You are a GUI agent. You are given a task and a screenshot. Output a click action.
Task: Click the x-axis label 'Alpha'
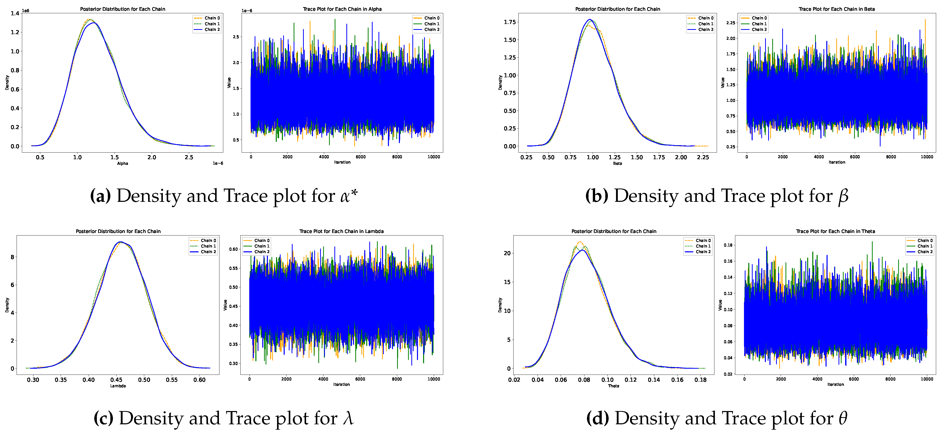pos(123,163)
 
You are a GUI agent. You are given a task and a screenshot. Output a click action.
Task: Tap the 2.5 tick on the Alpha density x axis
pos(189,157)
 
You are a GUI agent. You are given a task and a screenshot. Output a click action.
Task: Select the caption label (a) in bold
pos(100,196)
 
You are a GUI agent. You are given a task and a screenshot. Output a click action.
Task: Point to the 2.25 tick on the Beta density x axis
pos(703,157)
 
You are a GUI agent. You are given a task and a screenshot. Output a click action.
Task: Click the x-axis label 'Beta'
pos(617,163)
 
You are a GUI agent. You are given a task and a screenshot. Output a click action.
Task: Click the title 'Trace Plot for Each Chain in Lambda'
pos(341,231)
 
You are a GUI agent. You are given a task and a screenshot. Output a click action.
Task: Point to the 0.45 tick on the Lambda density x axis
pos(116,380)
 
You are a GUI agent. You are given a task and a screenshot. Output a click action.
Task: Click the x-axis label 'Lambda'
pos(118,386)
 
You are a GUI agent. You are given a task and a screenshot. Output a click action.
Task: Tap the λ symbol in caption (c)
pos(348,418)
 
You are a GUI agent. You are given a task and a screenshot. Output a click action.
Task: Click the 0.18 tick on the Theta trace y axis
pos(728,245)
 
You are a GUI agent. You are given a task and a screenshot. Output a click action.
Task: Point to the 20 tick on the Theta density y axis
pos(507,253)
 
